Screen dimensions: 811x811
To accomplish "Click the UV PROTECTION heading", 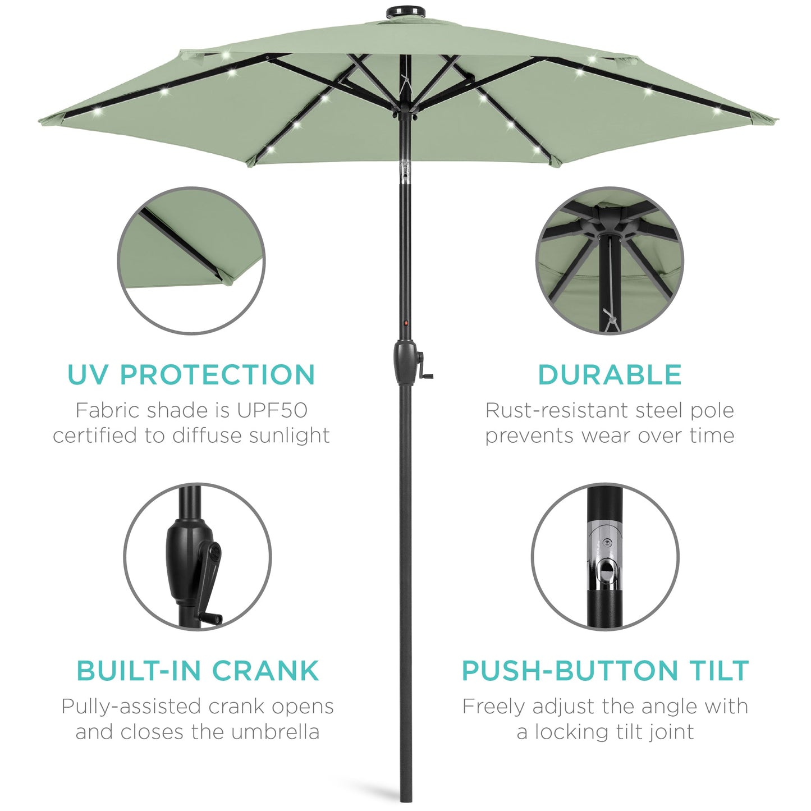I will point(191,375).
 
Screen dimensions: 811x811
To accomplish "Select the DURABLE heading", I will point(610,375).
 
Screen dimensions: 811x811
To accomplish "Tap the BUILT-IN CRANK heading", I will point(198,671).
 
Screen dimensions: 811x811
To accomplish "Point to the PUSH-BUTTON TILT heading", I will point(605,671).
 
